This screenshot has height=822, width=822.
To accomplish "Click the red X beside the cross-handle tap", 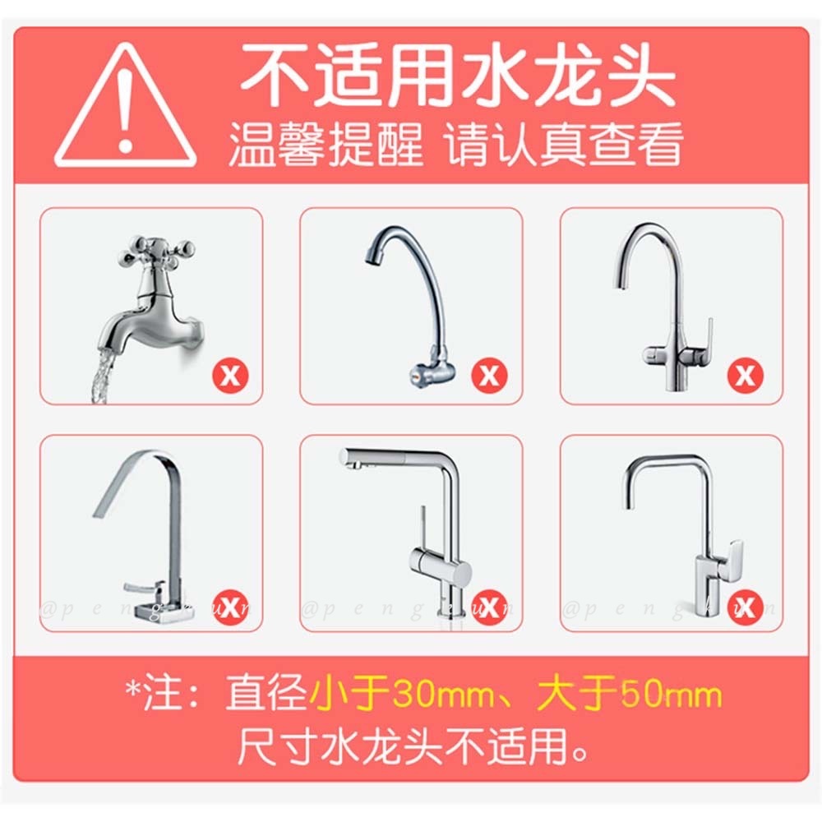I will [231, 376].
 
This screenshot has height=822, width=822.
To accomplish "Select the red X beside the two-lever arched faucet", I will [746, 376].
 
